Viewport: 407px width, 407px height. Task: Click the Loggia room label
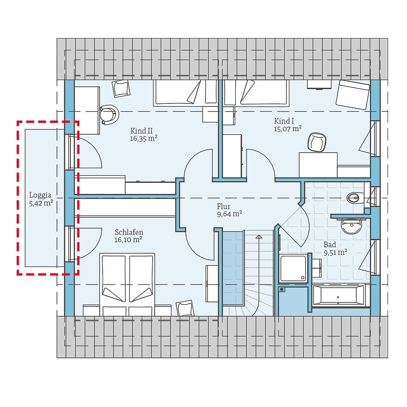40,195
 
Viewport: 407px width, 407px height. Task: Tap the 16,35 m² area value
144,138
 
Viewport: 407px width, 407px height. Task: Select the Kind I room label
284,121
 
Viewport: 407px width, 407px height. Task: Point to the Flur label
223,206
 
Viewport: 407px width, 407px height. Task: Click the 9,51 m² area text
335,252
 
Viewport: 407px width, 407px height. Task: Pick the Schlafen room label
129,232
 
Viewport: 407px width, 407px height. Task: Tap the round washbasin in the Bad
351,227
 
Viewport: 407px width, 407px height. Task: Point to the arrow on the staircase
258,236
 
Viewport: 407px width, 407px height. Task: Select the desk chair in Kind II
109,114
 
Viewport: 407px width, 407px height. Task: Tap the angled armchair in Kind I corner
353,94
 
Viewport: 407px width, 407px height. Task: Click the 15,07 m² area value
288,129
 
